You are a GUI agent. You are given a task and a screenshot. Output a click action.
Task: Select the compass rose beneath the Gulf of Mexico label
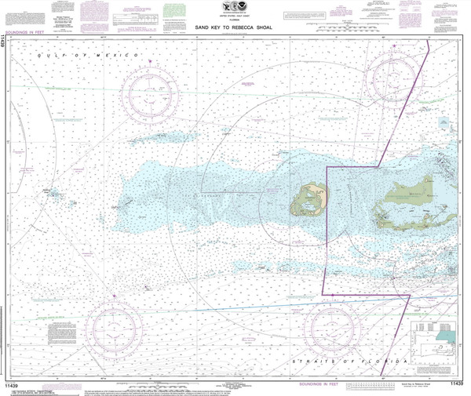click(148, 85)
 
